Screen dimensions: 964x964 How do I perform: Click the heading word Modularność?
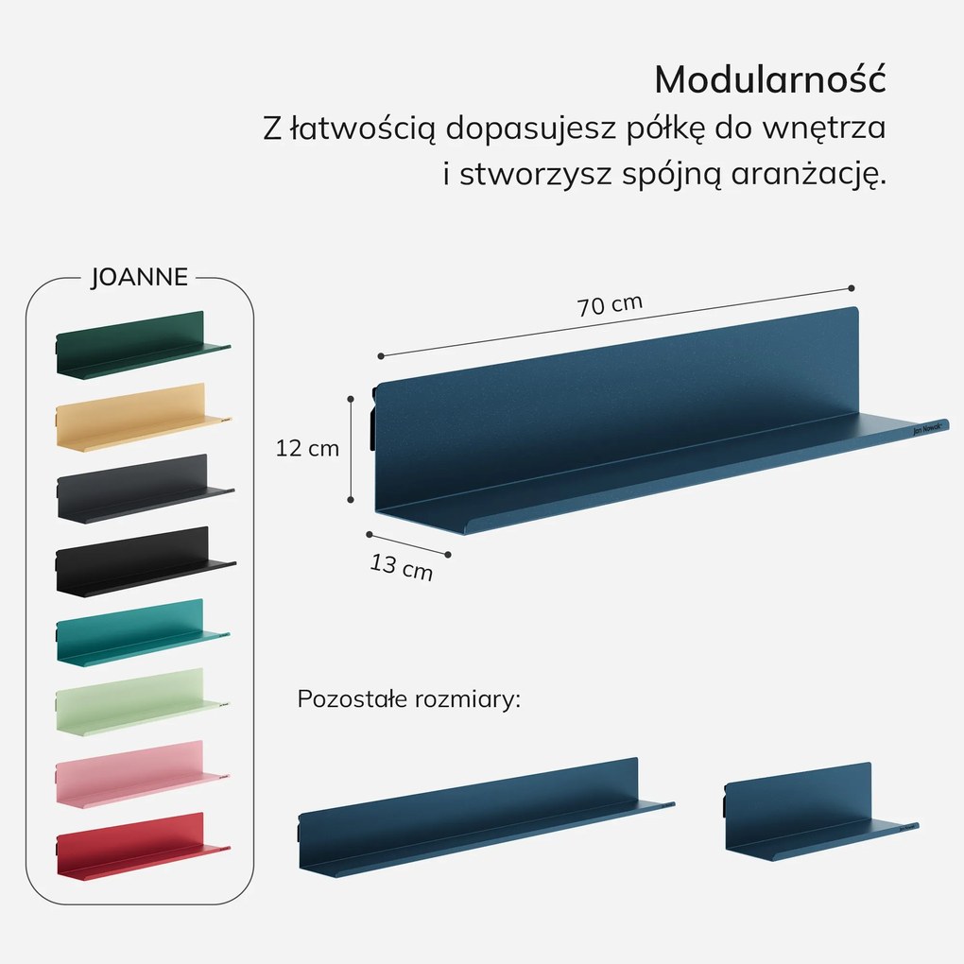click(769, 79)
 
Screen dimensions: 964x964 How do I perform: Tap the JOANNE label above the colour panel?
click(139, 278)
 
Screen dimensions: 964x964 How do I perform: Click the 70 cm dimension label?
click(610, 305)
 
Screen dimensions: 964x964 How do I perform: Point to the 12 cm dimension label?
click(307, 449)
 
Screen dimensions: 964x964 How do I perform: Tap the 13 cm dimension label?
click(402, 567)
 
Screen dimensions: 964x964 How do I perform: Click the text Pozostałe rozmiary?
click(409, 700)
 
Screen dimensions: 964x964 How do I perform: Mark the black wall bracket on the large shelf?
click(373, 416)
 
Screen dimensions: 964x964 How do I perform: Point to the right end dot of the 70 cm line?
click(852, 287)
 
